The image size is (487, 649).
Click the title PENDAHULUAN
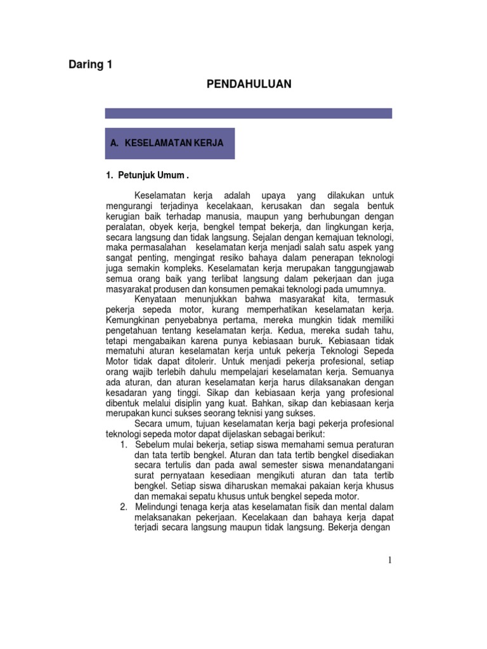249,84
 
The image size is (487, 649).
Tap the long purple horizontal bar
248,113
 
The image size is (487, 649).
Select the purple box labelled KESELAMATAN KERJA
169,143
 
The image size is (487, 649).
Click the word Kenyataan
157,299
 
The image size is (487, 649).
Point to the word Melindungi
159,506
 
